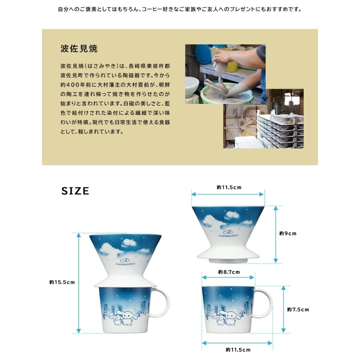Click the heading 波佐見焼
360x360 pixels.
[79, 49]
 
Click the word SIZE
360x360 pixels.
[75, 191]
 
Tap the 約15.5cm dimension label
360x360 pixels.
[62, 282]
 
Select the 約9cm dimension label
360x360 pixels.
[288, 233]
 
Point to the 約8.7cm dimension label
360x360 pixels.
[229, 272]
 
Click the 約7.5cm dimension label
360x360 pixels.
[298, 310]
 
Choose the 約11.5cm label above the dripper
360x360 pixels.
[229, 187]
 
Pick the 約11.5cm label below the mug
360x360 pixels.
[238, 350]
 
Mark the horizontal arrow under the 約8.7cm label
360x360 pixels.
[228, 277]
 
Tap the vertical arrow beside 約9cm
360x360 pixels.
[276, 234]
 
